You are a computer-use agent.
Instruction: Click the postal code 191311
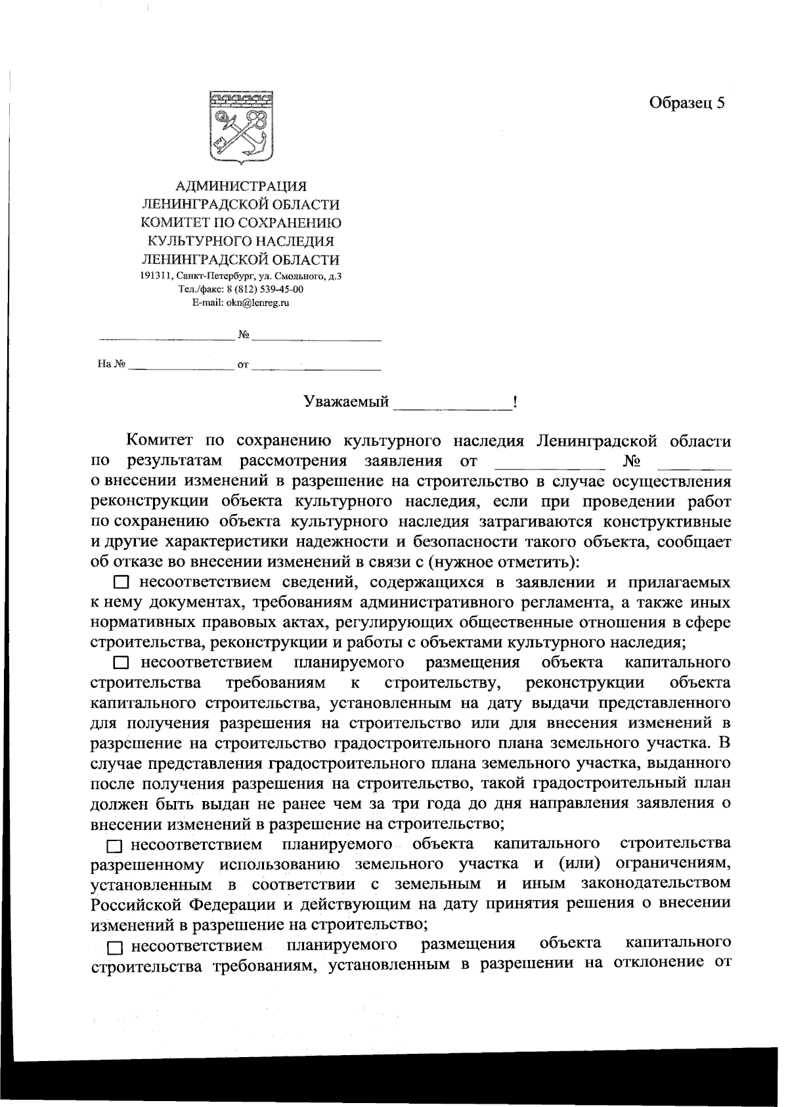153,276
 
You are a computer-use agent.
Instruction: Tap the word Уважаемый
346,402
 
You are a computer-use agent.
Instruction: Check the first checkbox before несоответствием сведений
121,582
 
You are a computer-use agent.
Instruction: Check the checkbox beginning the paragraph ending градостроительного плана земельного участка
121,662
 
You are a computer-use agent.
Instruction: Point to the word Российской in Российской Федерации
137,903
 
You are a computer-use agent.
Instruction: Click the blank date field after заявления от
548,462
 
